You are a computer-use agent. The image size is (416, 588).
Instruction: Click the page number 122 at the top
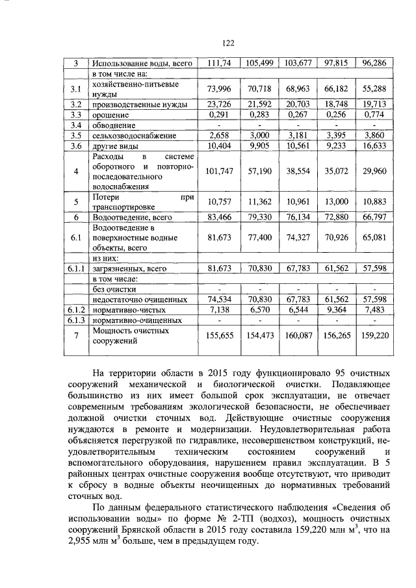coord(227,43)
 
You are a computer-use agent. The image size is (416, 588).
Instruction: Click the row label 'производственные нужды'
coord(139,104)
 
